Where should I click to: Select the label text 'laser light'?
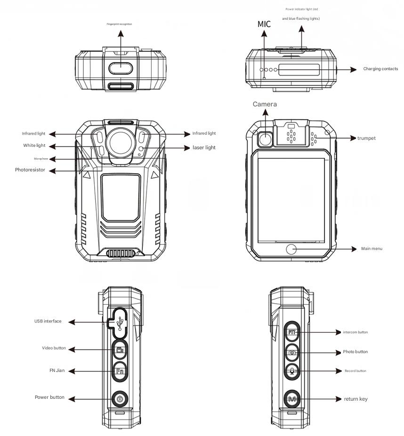click(204, 148)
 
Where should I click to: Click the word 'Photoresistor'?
click(30, 170)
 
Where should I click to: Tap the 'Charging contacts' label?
click(380, 69)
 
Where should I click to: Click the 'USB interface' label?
click(48, 322)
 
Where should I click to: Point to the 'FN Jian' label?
click(57, 371)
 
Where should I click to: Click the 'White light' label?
click(34, 146)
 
